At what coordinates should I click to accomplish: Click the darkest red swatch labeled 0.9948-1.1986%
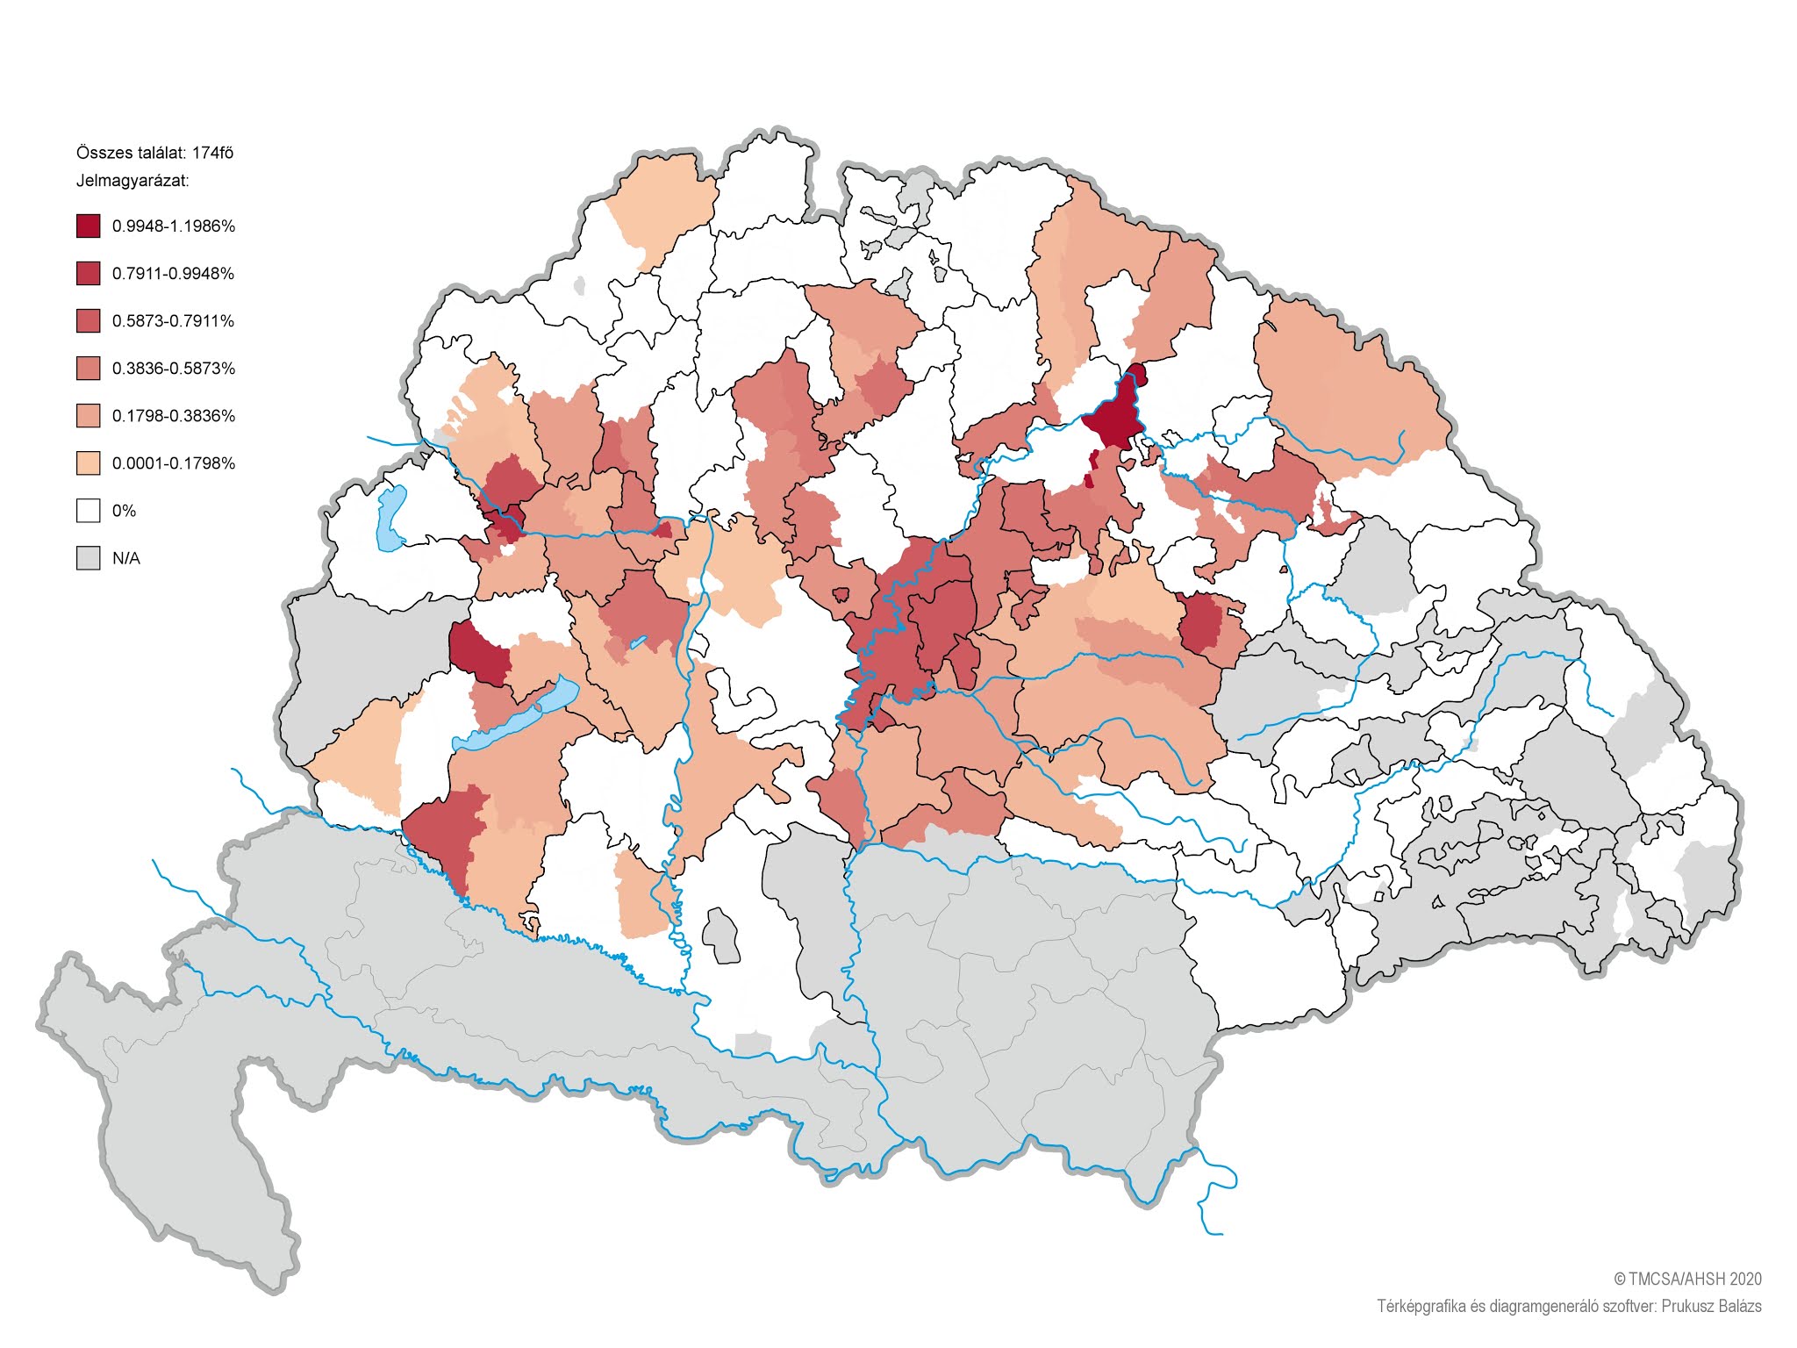coord(88,226)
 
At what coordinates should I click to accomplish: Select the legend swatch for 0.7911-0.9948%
coord(88,274)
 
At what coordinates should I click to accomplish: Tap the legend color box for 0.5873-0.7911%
coord(88,321)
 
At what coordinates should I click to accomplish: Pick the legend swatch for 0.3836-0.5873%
coord(88,369)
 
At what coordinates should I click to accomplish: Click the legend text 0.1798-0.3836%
coord(173,416)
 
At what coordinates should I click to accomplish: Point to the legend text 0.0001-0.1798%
coord(173,463)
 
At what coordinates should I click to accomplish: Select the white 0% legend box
coord(88,511)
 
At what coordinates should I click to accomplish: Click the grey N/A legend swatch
coord(88,558)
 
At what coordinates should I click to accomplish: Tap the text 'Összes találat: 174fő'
coord(154,153)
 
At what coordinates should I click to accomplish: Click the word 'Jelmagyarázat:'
coord(132,182)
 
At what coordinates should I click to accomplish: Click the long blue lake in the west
coord(518,715)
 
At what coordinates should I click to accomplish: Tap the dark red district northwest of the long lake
coord(478,652)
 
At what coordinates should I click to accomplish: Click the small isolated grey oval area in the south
coord(721,936)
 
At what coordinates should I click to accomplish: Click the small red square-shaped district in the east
coord(1200,622)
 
